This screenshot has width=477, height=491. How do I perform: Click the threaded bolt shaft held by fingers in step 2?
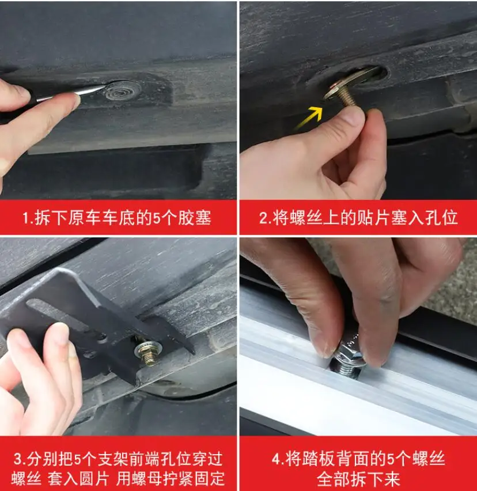(x=348, y=99)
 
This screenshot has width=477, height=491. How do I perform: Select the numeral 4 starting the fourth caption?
(x=275, y=460)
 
